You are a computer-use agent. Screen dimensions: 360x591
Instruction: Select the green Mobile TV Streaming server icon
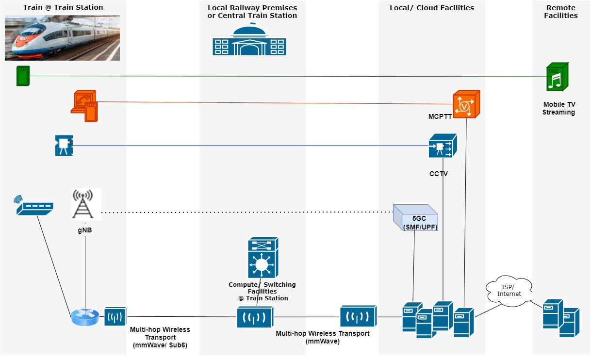point(557,76)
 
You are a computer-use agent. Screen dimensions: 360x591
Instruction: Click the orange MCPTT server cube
point(466,104)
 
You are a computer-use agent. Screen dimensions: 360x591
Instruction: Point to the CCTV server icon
point(443,146)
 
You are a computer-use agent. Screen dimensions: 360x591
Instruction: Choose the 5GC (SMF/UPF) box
point(415,217)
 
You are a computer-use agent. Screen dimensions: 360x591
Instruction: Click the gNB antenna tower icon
point(85,204)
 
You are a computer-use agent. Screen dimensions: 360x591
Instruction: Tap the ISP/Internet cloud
point(509,292)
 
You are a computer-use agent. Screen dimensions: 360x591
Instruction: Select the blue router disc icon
point(85,317)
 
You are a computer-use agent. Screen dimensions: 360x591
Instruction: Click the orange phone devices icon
point(85,106)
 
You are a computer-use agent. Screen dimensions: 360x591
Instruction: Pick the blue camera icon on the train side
point(64,145)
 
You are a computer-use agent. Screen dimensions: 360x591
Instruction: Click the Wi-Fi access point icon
point(33,206)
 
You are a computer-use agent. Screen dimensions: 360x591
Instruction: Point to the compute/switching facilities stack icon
point(262,258)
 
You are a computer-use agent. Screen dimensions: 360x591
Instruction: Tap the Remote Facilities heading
point(560,12)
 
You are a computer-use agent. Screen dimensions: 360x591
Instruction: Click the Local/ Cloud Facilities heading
point(432,8)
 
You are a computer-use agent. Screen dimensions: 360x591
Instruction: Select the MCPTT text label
point(440,117)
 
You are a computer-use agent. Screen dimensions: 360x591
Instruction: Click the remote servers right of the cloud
point(561,318)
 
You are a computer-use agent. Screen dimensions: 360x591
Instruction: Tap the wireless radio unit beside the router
point(115,316)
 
